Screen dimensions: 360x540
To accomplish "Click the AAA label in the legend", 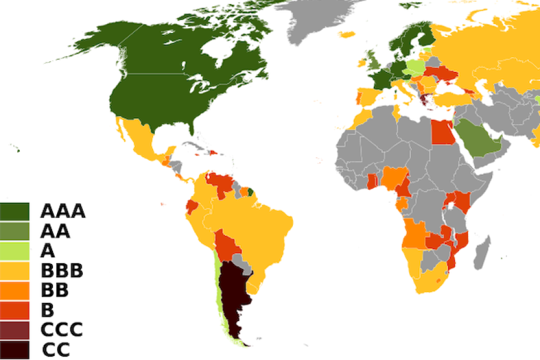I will pyautogui.click(x=62, y=211).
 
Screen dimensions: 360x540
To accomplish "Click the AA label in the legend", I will pyautogui.click(x=55, y=231).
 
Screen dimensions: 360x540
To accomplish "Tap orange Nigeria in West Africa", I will pyautogui.click(x=394, y=178).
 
